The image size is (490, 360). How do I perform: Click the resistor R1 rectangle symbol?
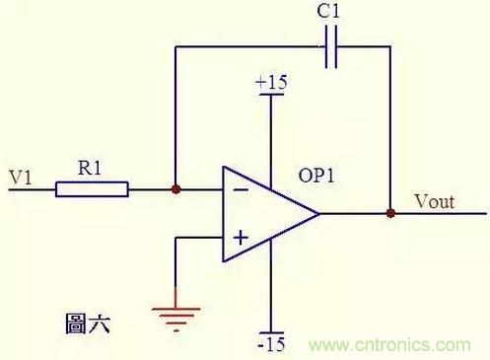(92, 189)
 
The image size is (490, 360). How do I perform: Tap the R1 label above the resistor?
(90, 168)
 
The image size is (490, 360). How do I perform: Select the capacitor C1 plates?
(331, 47)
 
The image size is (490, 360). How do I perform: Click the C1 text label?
(328, 10)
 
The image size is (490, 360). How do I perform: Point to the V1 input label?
(21, 178)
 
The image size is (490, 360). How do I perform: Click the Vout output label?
(435, 201)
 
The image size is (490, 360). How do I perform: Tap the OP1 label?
(316, 176)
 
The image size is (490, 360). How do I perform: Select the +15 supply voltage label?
(271, 82)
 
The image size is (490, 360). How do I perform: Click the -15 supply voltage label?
(271, 344)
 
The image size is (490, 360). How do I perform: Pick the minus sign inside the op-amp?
(241, 189)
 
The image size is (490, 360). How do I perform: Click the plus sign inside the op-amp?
(241, 238)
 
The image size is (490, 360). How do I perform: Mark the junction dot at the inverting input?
(176, 189)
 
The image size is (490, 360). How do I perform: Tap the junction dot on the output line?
(390, 213)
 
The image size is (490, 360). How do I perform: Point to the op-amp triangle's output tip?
(318, 214)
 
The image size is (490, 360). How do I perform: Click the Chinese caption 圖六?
(87, 324)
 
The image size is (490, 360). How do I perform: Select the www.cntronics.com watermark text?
(389, 345)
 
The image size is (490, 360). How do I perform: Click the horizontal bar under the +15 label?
(271, 95)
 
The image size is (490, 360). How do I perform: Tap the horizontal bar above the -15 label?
(271, 333)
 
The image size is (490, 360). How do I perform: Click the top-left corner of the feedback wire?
(175, 47)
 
